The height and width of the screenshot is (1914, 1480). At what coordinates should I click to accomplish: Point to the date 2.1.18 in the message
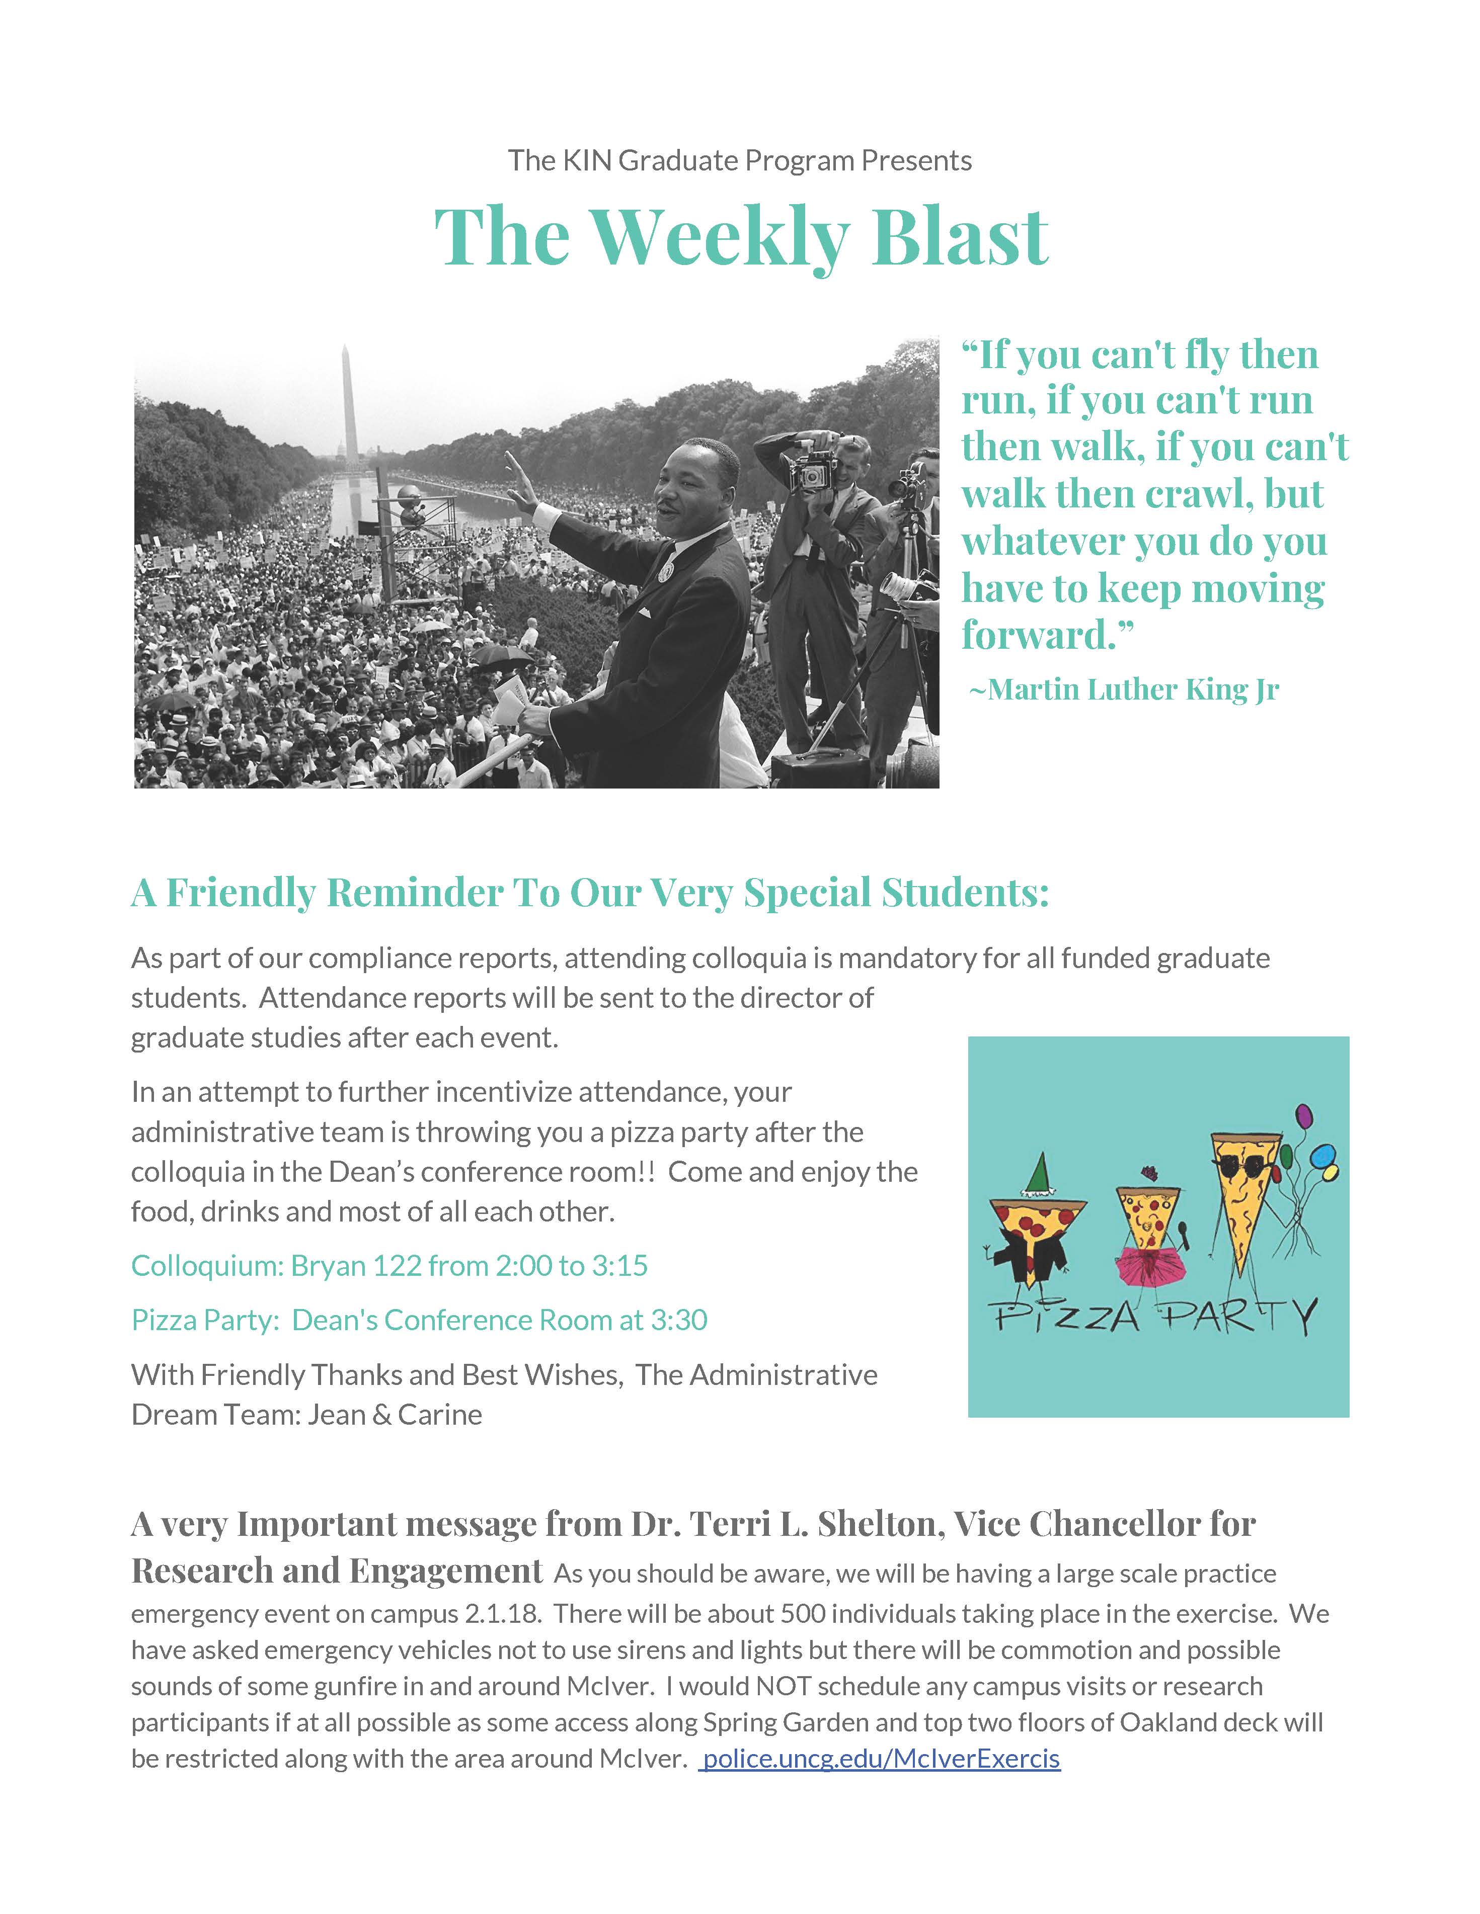point(499,1613)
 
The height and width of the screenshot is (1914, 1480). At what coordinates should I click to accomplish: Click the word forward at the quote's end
point(1036,635)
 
